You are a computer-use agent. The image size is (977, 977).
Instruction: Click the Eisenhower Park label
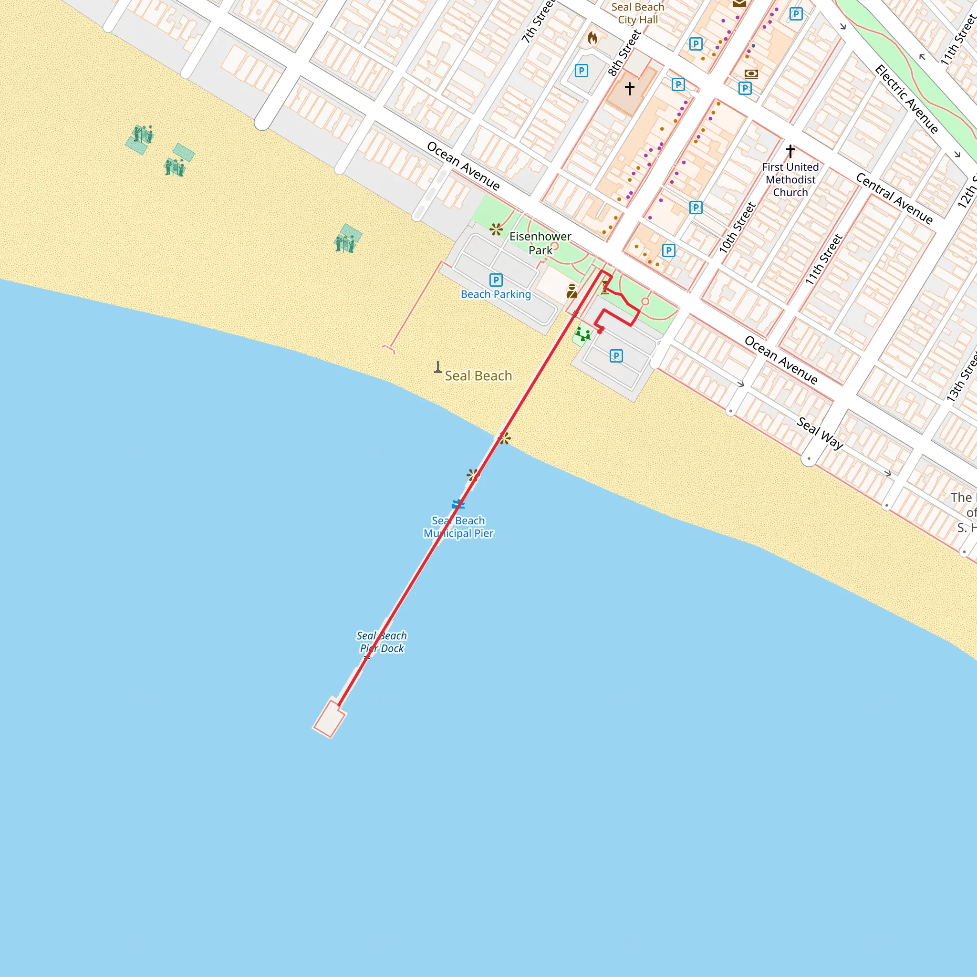(540, 243)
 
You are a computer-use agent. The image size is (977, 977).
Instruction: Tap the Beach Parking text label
(496, 294)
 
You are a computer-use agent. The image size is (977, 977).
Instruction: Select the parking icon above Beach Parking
(496, 280)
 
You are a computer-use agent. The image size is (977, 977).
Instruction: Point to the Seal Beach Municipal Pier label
(458, 527)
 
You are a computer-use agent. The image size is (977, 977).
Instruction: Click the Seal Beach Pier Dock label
(382, 642)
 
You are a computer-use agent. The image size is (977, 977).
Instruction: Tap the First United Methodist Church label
(790, 179)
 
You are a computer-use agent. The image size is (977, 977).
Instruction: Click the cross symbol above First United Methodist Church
(790, 150)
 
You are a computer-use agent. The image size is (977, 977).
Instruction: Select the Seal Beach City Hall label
(638, 14)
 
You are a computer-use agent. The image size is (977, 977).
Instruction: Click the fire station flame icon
(592, 38)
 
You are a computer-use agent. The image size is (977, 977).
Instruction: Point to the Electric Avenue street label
(906, 99)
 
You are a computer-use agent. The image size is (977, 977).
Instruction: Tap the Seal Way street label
(820, 433)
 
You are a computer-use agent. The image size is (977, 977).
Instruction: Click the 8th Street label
(624, 52)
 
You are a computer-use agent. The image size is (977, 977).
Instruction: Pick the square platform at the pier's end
(329, 718)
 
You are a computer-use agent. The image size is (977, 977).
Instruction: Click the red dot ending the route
(600, 331)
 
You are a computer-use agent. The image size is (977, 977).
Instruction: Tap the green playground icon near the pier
(582, 334)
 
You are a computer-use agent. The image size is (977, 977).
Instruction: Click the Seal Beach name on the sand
(478, 376)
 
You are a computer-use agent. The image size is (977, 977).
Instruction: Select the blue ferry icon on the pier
(458, 504)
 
